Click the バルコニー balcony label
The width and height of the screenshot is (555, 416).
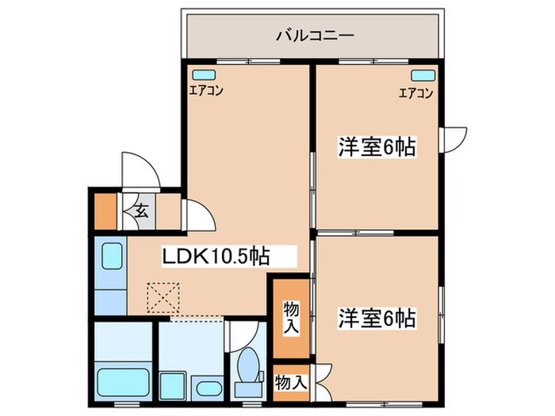click(314, 36)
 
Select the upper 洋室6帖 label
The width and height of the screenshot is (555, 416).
click(377, 147)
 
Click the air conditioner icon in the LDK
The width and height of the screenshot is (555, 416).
click(197, 75)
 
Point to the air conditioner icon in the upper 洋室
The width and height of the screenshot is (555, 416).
click(422, 76)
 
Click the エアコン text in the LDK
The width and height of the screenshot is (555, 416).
click(205, 91)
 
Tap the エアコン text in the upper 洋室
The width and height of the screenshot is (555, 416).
click(415, 93)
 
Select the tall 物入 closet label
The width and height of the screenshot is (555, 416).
click(291, 317)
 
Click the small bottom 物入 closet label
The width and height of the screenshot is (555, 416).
click(291, 382)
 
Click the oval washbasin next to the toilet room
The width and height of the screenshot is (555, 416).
click(208, 388)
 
